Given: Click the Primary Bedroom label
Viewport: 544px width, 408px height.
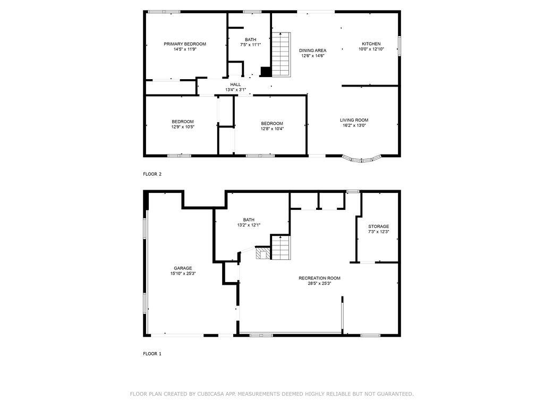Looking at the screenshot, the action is (185, 44).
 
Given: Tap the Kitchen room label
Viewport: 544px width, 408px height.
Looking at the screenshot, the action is (371, 44).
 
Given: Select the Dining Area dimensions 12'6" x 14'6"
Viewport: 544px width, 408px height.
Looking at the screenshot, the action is (312, 56).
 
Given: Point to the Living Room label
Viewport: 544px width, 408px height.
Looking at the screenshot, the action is (354, 121).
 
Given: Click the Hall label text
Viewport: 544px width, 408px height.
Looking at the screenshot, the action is (235, 84).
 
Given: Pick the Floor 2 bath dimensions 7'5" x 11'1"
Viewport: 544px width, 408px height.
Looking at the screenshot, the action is (251, 45).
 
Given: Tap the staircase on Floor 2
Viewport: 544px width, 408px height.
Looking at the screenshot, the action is (280, 54).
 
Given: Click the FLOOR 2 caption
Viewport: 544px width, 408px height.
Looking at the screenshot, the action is (152, 174).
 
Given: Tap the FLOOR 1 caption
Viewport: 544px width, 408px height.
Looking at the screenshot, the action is (152, 354).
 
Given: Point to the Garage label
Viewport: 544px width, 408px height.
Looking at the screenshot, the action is (183, 268).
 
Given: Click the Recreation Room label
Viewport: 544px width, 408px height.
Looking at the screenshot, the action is (319, 278).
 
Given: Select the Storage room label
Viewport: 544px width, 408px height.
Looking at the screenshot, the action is (378, 226).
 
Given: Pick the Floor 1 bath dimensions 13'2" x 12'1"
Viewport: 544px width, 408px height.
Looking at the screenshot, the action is (249, 225).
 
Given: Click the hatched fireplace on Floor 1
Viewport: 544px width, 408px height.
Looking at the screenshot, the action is (262, 253).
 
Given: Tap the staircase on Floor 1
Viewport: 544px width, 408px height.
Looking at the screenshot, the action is (280, 248).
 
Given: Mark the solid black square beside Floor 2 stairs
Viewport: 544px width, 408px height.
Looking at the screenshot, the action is (266, 72).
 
